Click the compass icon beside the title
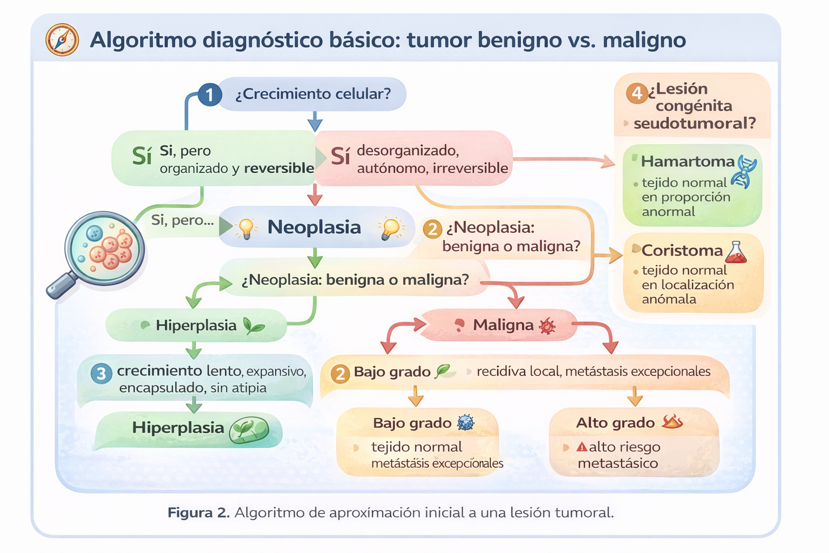tap(62, 40)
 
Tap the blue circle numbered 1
tap(209, 95)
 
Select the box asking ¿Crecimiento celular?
tap(313, 94)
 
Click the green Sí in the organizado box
tap(142, 157)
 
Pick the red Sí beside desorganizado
tap(340, 157)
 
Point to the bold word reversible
tap(279, 168)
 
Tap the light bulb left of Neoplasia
tap(246, 228)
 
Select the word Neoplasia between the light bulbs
tap(314, 227)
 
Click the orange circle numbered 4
tap(637, 93)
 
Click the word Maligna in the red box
tap(503, 325)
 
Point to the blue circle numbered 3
tap(101, 374)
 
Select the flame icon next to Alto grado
tap(672, 421)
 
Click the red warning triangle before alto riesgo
tap(582, 447)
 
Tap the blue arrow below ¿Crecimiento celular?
tap(315, 122)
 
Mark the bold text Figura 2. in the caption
tap(199, 512)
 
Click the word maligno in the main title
tap(644, 40)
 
